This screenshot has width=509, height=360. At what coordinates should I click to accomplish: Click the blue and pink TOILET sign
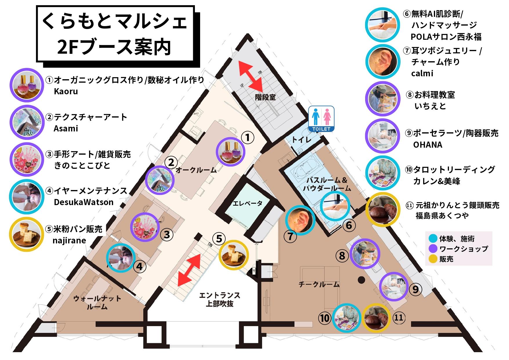point(321,118)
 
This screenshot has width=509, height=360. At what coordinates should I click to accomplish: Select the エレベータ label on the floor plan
point(247,203)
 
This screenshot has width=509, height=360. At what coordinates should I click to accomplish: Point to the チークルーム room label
point(319,285)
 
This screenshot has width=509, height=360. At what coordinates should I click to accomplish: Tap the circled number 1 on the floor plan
point(247,138)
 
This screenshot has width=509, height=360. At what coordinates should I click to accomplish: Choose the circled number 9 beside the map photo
point(415,289)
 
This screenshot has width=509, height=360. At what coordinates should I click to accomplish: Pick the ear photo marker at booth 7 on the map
point(300,220)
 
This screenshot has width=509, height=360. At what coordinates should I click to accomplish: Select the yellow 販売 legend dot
point(433,259)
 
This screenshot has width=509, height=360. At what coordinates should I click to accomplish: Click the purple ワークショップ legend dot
point(433,249)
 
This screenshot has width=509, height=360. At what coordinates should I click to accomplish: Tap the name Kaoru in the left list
point(66,91)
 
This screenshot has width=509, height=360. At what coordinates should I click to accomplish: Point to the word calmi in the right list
point(422,73)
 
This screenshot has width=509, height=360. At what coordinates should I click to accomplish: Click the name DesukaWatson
point(84,202)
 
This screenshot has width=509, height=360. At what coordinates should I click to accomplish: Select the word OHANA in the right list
point(428,145)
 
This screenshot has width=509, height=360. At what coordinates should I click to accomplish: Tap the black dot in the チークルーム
point(361,280)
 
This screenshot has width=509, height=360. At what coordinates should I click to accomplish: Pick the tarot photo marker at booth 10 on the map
point(347,317)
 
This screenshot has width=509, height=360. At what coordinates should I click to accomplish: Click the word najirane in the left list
point(69,240)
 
